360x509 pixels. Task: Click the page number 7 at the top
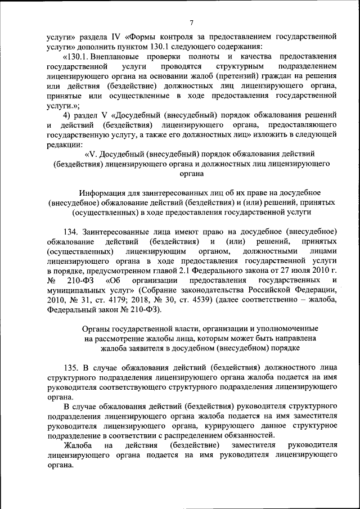click(191, 23)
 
